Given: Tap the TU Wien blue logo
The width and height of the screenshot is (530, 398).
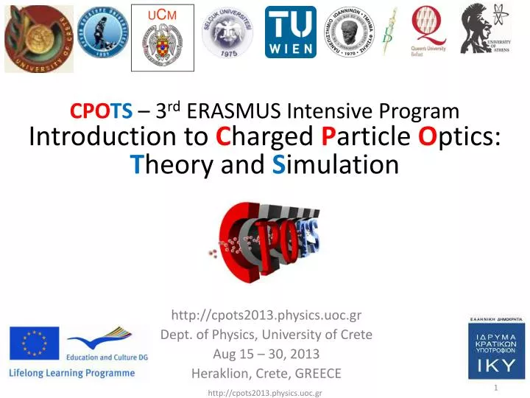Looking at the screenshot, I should (290, 32).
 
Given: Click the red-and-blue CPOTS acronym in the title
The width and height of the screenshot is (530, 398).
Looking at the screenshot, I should (101, 111).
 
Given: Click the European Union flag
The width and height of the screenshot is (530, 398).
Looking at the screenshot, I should (34, 343).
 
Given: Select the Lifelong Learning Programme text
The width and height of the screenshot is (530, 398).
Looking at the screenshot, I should (71, 373).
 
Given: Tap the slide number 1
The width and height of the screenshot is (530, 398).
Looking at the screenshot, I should (497, 387).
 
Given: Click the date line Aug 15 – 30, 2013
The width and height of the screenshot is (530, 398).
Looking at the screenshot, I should (266, 354).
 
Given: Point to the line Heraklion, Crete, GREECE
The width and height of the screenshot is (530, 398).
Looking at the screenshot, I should (266, 373).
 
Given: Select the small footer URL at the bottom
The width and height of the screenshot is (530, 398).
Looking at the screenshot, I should (265, 394).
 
